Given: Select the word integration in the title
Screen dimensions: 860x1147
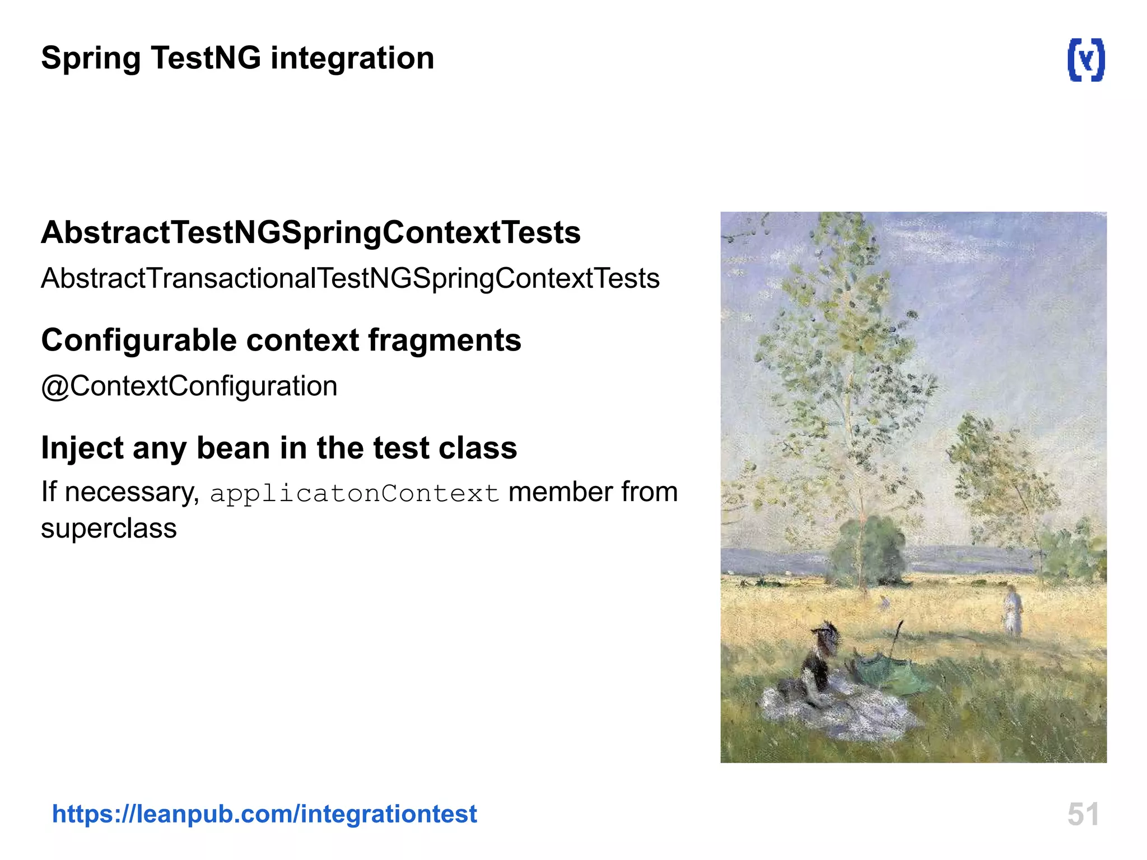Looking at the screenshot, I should coord(352,59).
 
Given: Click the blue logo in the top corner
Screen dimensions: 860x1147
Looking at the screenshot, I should coord(1086,60).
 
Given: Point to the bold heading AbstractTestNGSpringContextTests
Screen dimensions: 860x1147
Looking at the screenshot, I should coord(311,232).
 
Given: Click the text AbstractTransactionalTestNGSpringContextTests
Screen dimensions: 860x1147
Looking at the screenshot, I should coord(350,279).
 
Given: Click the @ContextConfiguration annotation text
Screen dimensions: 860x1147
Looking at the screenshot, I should coord(189,386).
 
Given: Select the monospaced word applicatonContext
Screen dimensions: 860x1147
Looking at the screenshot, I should coord(354,494).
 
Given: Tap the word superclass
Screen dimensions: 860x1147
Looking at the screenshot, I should coord(109,529).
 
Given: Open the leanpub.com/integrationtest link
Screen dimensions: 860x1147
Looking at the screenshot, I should coord(264,814).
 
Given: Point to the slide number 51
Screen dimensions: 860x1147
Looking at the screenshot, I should coord(1083,814).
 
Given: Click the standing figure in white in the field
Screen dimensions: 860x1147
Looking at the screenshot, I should coord(1013,610).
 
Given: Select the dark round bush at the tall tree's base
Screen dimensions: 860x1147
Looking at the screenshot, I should coord(867,551).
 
